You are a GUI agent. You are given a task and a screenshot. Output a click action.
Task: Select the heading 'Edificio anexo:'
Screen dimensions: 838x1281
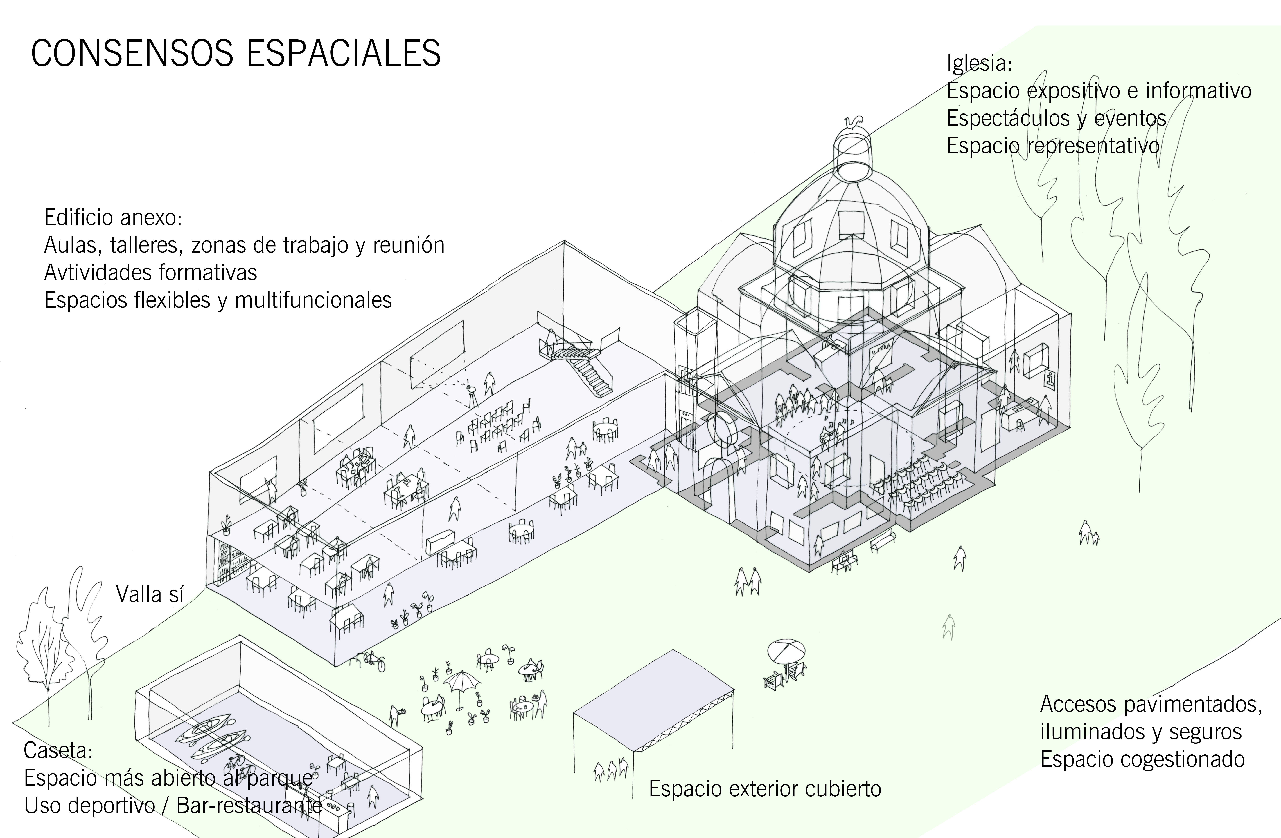[113, 218]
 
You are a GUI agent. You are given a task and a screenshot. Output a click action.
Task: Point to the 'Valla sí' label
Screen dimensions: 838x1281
[150, 594]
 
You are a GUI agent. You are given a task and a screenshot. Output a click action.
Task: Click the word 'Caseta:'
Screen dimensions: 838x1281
[58, 750]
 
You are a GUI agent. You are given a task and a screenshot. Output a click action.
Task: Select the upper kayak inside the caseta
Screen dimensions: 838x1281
[207, 728]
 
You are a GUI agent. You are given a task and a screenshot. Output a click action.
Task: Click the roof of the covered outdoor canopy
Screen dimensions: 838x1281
[654, 699]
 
